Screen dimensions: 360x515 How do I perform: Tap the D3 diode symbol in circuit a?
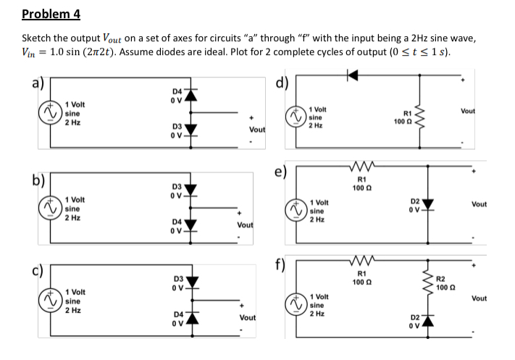192,133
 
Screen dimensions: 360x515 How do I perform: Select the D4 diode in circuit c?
192,317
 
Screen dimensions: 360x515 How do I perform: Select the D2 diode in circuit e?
430,204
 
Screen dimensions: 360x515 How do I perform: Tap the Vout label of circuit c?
248,317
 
